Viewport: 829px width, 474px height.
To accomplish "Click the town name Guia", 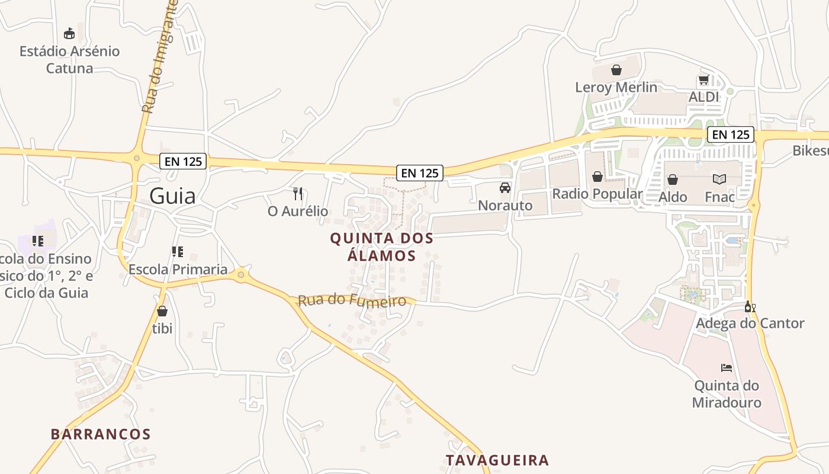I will coord(172,196).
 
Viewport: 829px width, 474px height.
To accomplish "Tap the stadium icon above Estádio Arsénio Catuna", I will coord(69,33).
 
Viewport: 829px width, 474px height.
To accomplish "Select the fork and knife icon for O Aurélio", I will coord(298,193).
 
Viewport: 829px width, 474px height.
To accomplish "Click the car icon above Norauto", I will coord(505,188).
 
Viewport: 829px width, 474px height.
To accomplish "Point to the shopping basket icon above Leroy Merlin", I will coord(616,70).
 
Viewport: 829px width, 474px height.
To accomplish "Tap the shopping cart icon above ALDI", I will coord(703,79).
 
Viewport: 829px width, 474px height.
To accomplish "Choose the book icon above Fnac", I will coord(719,179).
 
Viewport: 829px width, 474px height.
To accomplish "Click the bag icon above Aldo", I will coord(673,179).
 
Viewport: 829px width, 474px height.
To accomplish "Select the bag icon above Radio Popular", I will coord(597,177).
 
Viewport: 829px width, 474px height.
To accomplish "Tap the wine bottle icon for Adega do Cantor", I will coord(750,306).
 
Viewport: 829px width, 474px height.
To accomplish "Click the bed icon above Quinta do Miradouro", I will coord(727,368).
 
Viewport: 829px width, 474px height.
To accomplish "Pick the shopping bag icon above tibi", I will coord(162,311).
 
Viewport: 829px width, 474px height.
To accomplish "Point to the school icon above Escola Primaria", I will coord(177,252).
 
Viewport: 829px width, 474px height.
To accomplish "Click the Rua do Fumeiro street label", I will coord(352,300).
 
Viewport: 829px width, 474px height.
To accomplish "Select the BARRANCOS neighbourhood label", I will coord(101,434).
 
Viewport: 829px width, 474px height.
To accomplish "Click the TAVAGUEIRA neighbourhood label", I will coord(497,460).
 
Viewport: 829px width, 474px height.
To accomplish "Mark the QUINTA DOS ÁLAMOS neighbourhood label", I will coord(381,247).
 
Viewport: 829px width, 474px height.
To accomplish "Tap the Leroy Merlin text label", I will coord(616,87).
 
